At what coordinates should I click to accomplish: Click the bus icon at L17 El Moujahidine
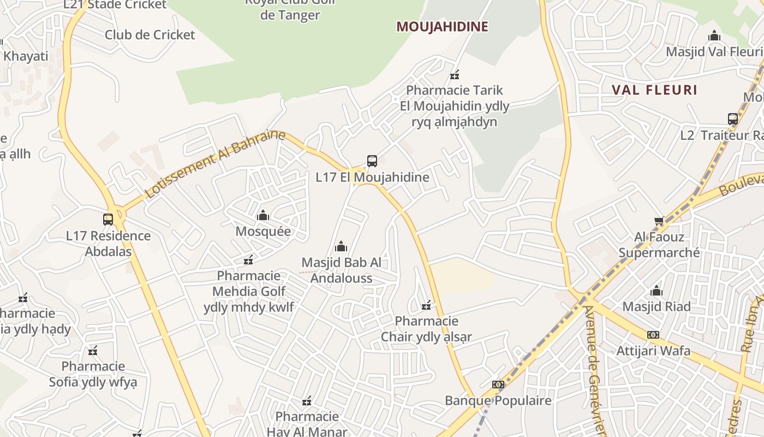(x=372, y=161)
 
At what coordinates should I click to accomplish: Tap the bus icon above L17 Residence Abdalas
(x=108, y=220)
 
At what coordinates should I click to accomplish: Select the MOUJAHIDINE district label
(x=442, y=26)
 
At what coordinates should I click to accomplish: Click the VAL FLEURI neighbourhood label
(x=654, y=90)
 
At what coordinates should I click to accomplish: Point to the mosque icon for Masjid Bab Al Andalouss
(x=341, y=246)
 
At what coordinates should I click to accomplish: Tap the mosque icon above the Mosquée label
(x=263, y=215)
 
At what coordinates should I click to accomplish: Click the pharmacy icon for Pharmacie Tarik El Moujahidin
(x=454, y=75)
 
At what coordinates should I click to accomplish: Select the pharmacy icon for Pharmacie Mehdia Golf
(x=248, y=260)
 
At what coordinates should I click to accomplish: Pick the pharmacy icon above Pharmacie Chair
(x=427, y=305)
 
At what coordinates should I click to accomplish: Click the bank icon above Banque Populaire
(x=498, y=385)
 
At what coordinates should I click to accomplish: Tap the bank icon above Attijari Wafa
(x=653, y=335)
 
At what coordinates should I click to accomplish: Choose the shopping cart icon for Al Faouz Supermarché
(x=659, y=221)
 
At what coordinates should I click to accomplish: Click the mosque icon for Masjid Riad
(x=656, y=291)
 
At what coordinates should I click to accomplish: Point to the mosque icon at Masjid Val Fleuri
(x=714, y=36)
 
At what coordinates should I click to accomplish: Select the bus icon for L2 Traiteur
(x=733, y=119)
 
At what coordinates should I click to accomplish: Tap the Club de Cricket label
(x=150, y=35)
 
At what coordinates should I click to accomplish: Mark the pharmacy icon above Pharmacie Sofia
(x=93, y=351)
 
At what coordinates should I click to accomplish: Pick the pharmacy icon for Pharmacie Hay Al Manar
(x=307, y=401)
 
